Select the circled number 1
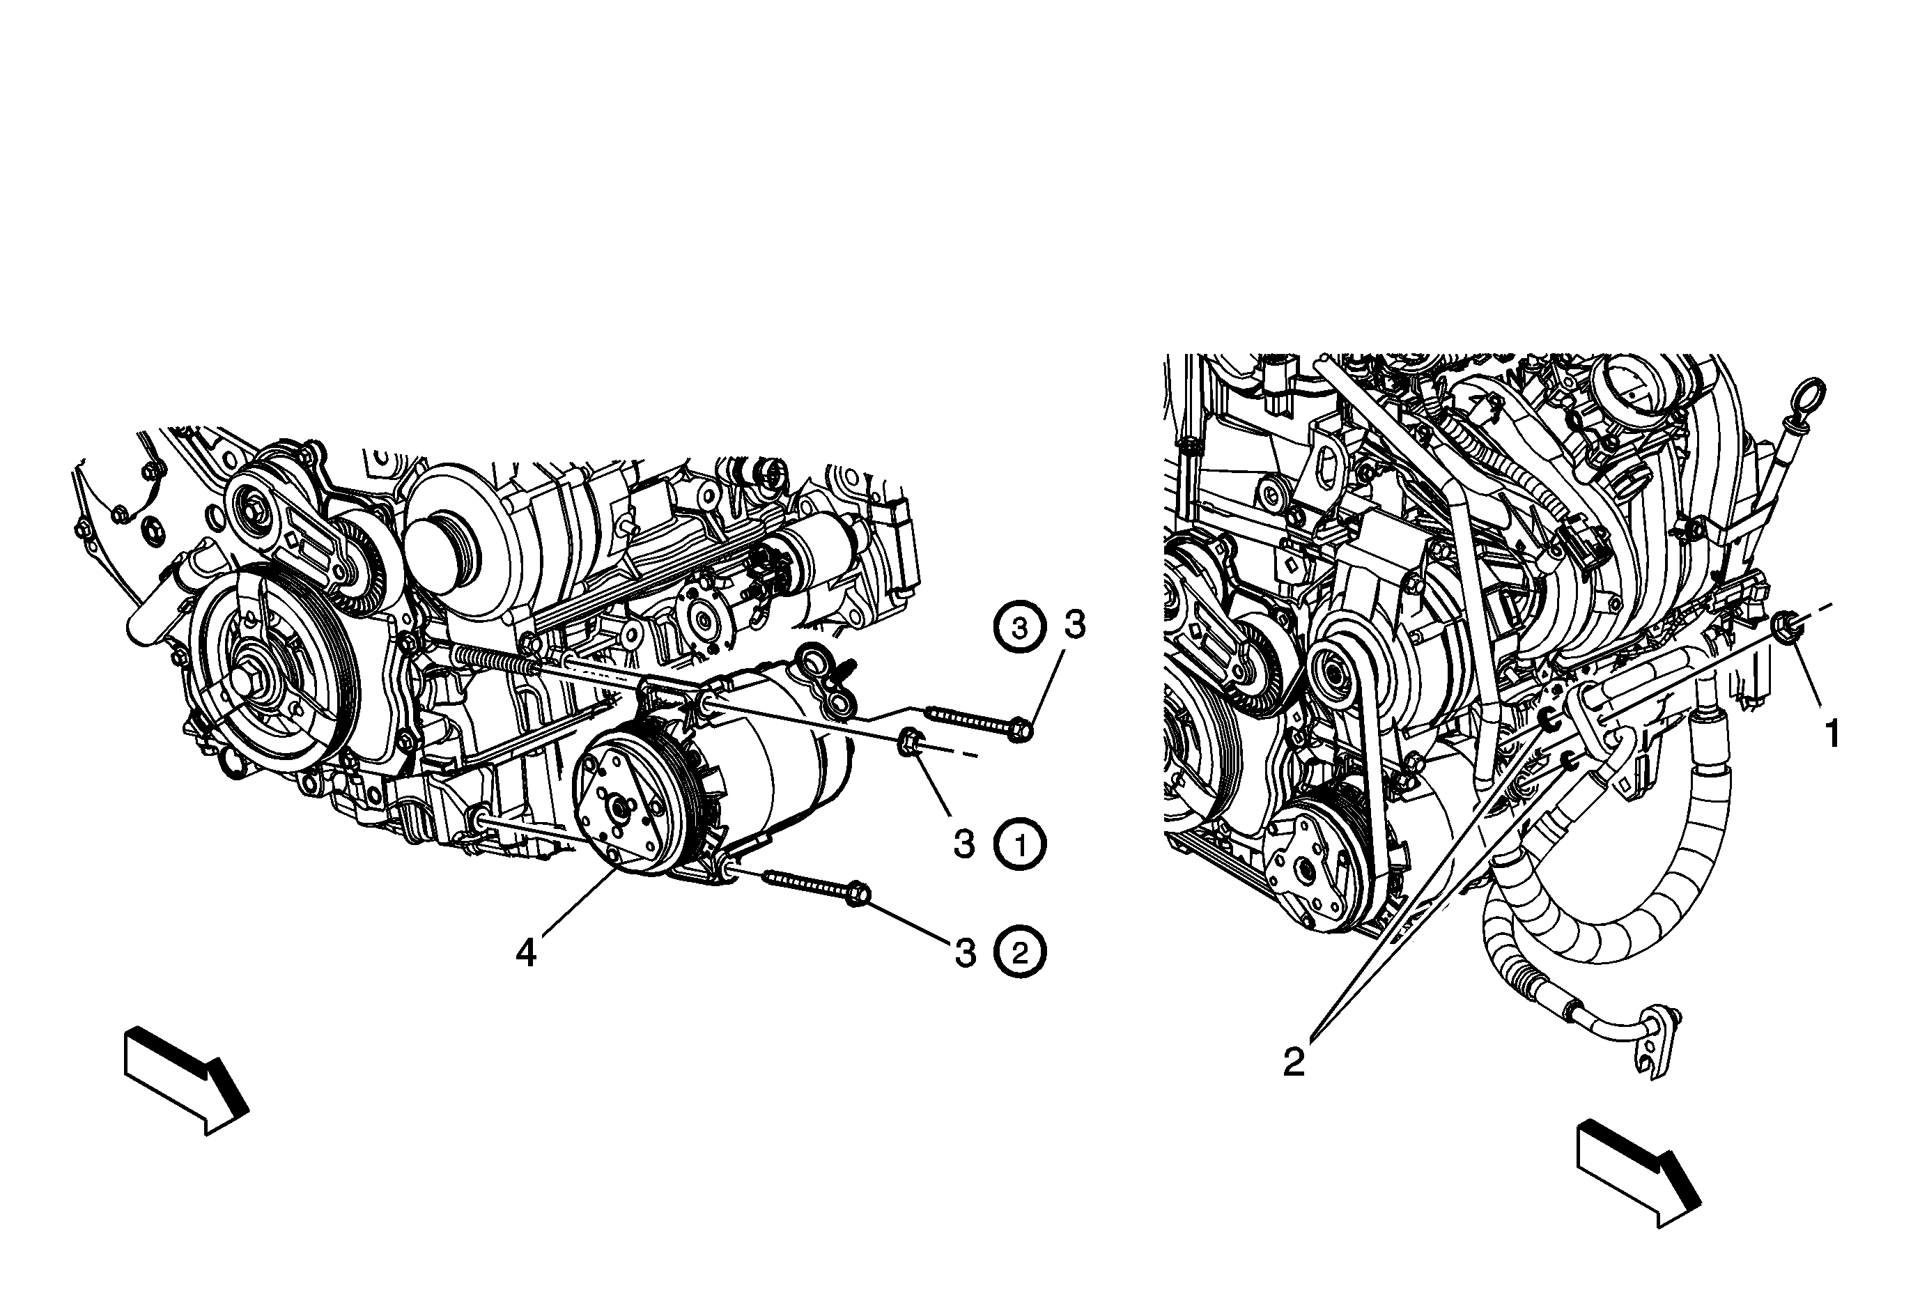1021,846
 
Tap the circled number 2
1021,953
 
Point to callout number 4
525,954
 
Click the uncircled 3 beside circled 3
1074,625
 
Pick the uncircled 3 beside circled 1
964,845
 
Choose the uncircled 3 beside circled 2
965,953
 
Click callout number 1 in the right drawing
1832,734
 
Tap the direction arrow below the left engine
187,1081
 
